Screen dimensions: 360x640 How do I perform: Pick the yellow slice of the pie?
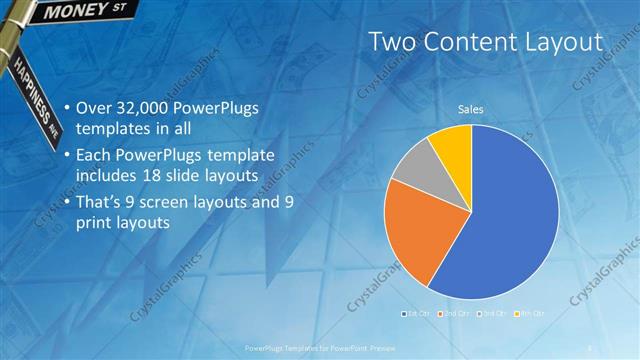tap(452, 144)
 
